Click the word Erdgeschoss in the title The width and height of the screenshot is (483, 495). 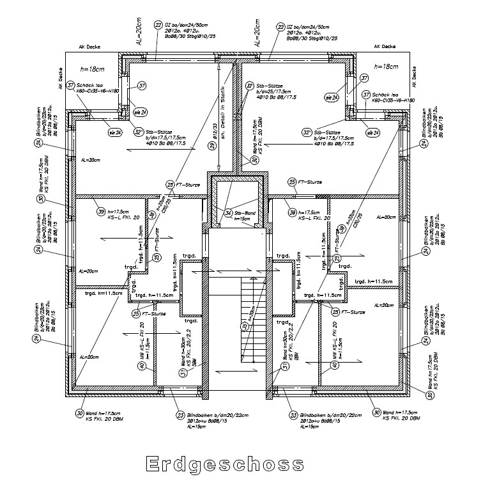pyautogui.click(x=224, y=462)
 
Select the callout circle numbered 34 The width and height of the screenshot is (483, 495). pyautogui.click(x=228, y=212)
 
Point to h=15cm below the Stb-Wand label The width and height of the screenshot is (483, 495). pyautogui.click(x=241, y=219)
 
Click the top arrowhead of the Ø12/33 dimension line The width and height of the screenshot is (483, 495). pyautogui.click(x=219, y=62)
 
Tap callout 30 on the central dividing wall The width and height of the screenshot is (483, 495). pyautogui.click(x=254, y=160)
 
